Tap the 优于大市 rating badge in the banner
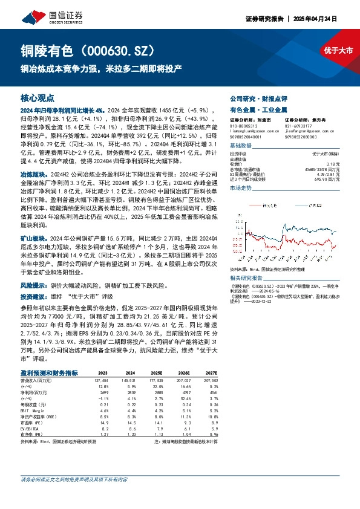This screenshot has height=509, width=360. pyautogui.click(x=338, y=51)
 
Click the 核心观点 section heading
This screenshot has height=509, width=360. pyautogui.click(x=38, y=97)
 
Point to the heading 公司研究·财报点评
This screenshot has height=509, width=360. pyautogui.click(x=261, y=97)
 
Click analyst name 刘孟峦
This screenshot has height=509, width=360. pyautogui.click(x=270, y=120)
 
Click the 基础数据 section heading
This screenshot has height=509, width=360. pyautogui.click(x=241, y=146)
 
